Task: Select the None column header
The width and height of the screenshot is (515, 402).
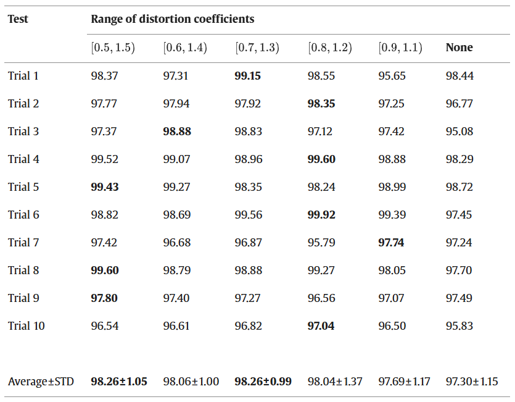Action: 459,48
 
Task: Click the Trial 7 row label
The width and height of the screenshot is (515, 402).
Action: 23,243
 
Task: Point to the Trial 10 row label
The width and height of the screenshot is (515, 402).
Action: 27,325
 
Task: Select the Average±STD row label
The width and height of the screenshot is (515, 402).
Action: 41,381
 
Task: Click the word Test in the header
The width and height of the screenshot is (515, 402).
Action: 18,19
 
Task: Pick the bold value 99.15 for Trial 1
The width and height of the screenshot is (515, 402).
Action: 248,76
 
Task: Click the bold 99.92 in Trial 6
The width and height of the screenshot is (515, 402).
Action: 321,214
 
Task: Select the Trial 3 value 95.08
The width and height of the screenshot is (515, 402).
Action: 459,132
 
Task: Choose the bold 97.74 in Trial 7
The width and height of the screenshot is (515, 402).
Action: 391,243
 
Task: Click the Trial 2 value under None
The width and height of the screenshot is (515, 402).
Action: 459,104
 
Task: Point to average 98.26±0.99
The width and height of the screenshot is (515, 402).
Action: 263,381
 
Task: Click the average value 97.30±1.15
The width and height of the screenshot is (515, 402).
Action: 472,381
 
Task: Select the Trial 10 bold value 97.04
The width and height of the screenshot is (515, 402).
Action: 321,325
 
